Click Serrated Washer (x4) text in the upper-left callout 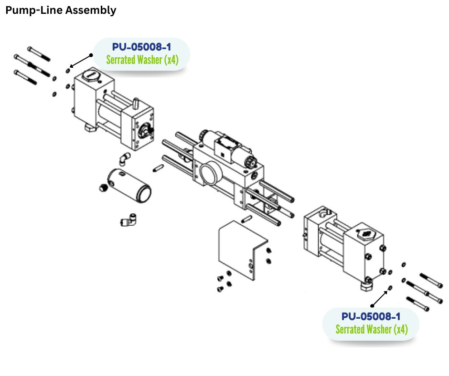click(x=142, y=61)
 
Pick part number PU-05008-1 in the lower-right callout click(x=371, y=316)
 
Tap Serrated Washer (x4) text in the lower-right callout click(x=371, y=329)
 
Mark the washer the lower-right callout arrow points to click(x=390, y=288)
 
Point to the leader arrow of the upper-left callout click(x=80, y=60)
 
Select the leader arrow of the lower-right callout click(x=379, y=298)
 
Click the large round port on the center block click(x=208, y=173)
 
